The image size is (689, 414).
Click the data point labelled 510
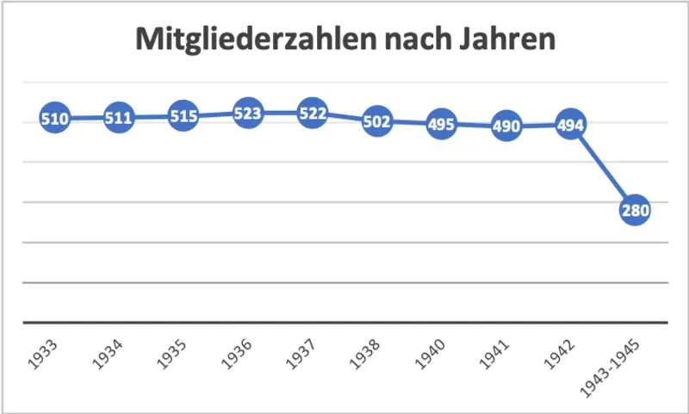pos(54,119)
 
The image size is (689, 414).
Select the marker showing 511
pos(119,118)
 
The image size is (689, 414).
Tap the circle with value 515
pos(183,116)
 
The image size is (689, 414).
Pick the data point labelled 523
pos(248,113)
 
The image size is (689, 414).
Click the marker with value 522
pos(312,114)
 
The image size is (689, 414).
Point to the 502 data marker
pos(376,121)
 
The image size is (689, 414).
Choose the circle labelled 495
pos(441,125)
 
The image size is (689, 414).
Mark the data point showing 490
pos(506,127)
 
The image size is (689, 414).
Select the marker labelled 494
pos(570,125)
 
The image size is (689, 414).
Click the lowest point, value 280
pos(635,210)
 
